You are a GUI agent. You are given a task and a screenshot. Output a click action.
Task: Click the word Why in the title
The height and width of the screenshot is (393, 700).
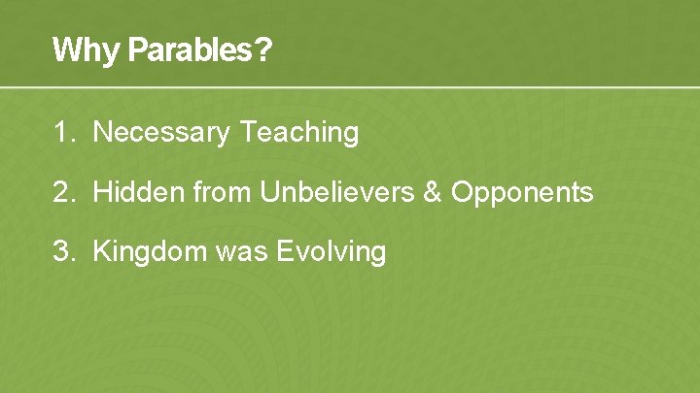click(75, 50)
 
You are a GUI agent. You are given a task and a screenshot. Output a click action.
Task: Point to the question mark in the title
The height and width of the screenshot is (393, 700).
click(262, 50)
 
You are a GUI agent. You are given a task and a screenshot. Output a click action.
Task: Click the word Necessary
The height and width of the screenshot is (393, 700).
click(161, 133)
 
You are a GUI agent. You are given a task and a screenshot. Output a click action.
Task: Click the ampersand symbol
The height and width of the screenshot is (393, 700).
click(433, 192)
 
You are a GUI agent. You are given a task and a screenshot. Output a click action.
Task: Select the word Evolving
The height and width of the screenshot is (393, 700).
click(332, 252)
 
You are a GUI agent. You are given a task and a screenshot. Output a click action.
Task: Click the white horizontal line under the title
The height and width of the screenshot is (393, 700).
click(350, 87)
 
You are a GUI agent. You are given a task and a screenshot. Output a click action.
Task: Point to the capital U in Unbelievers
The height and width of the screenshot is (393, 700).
click(268, 192)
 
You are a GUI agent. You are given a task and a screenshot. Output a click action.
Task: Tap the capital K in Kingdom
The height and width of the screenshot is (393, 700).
click(100, 252)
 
